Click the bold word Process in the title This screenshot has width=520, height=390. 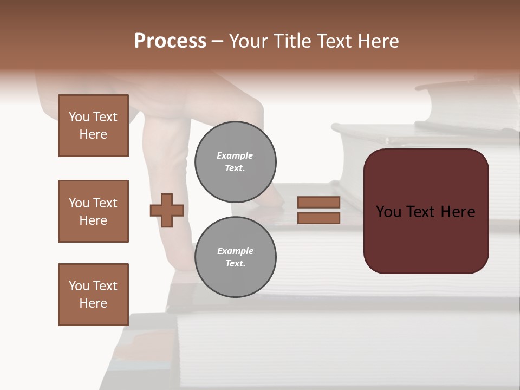(x=170, y=41)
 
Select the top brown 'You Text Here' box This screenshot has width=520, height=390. (x=93, y=126)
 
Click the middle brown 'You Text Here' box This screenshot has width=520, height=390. (x=93, y=211)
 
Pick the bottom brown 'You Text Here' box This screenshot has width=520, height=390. (x=93, y=295)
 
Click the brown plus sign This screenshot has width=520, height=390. (x=167, y=210)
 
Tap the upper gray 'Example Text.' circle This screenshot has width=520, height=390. (x=235, y=162)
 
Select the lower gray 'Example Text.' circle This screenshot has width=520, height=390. (x=235, y=257)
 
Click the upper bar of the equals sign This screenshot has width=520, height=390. (x=318, y=202)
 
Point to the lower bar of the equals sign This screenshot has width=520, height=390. (x=318, y=218)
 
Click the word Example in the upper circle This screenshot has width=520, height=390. (x=235, y=155)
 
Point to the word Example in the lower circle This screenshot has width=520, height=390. (x=235, y=251)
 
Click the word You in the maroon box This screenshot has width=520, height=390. (x=388, y=212)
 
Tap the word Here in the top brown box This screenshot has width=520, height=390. (x=93, y=134)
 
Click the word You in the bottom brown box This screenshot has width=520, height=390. (x=79, y=286)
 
